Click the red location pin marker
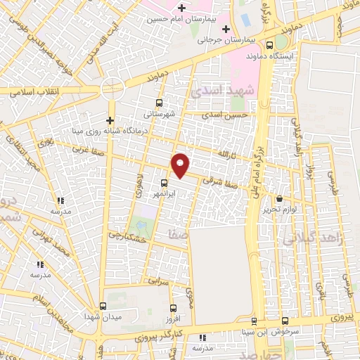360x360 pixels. (x=181, y=165)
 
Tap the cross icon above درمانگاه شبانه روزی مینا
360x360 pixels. (x=110, y=120)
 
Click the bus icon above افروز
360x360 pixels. (x=174, y=307)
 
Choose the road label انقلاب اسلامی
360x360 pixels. (x=31, y=91)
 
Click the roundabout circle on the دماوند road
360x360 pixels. (x=112, y=88)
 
